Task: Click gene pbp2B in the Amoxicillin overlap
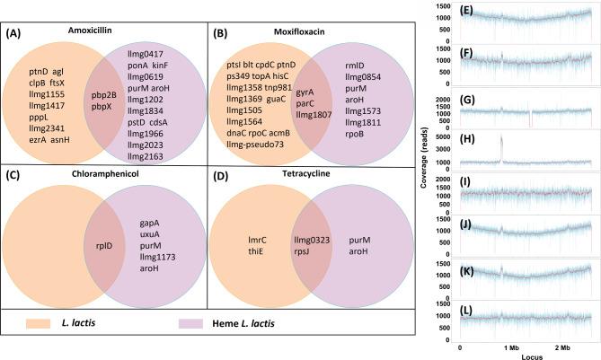coord(112,94)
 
